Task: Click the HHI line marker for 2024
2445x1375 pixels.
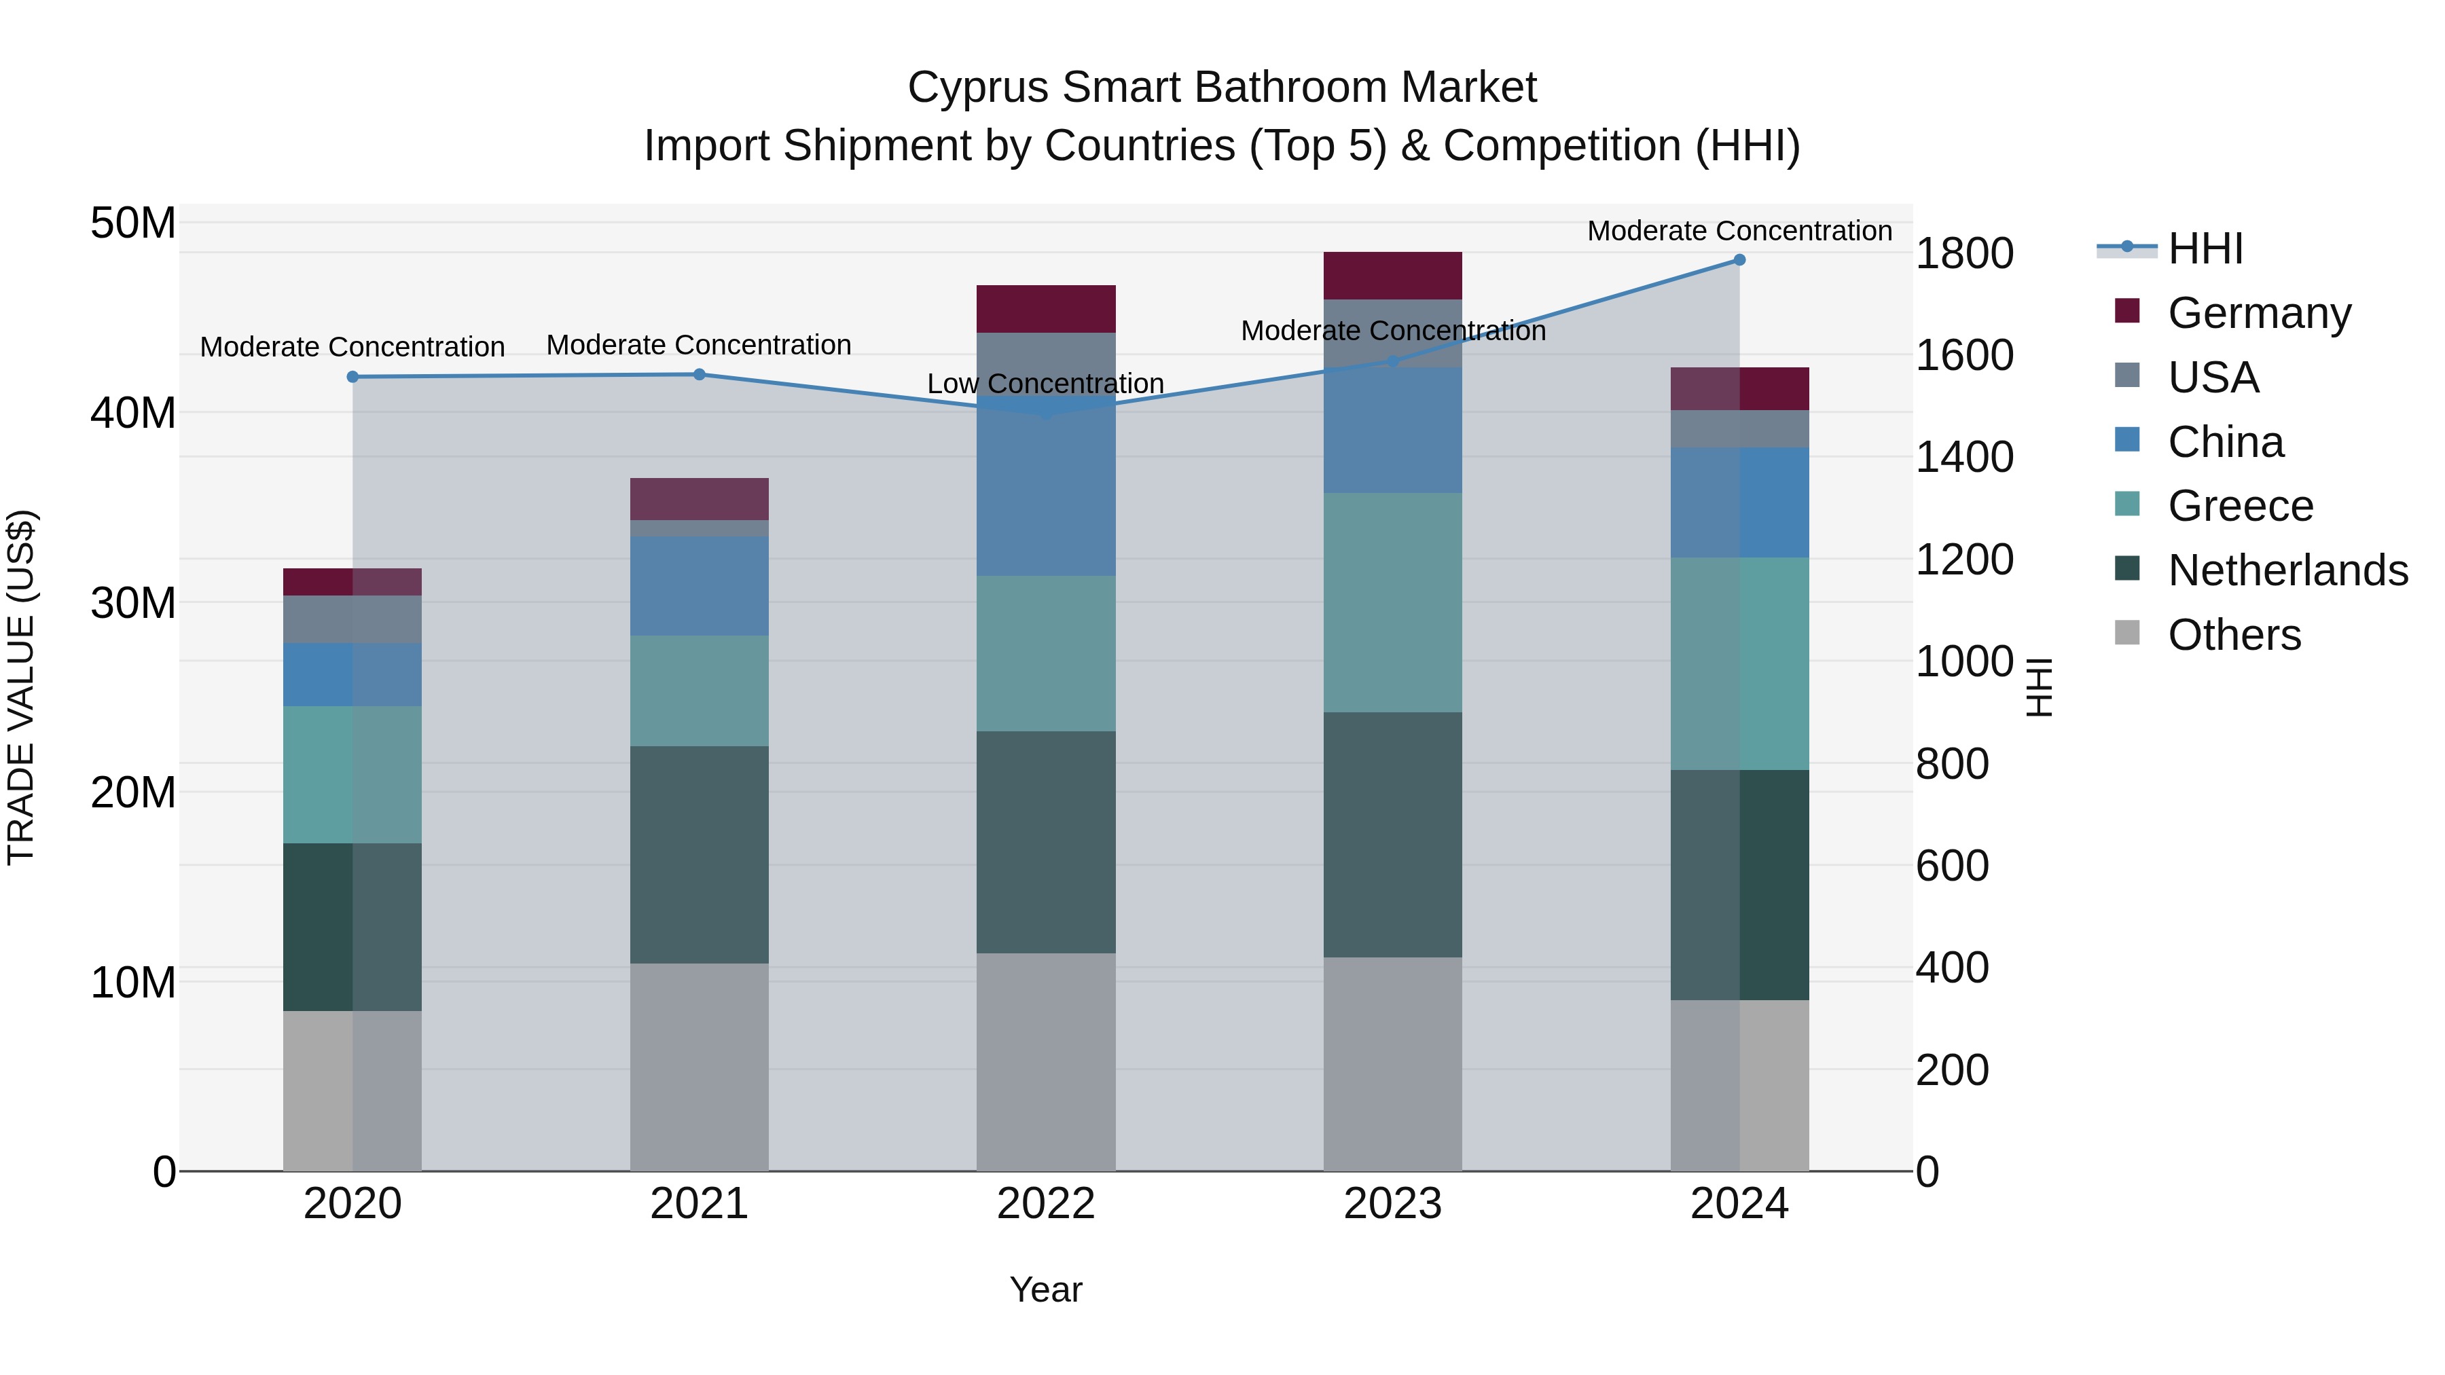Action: point(1739,260)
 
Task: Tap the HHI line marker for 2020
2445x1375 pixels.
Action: point(352,377)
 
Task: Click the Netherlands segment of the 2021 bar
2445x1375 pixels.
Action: point(699,854)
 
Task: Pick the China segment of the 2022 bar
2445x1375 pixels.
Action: point(1046,494)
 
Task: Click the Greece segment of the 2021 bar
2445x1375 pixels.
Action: point(699,690)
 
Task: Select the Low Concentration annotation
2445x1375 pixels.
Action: point(1045,384)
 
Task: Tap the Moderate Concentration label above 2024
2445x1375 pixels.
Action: point(1739,231)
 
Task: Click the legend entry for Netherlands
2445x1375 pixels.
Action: point(2287,570)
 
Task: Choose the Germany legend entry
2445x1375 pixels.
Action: point(2259,313)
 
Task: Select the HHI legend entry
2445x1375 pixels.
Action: point(2205,249)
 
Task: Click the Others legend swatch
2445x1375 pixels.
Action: point(2127,633)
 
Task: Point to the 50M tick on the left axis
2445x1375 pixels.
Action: point(133,224)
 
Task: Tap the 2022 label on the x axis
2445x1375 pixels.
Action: point(1046,1204)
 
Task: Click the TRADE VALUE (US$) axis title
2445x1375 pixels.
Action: point(21,687)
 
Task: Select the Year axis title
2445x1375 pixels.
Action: point(1046,1289)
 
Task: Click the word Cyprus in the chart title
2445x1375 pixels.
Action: point(977,88)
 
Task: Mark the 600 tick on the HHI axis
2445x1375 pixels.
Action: point(1951,866)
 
